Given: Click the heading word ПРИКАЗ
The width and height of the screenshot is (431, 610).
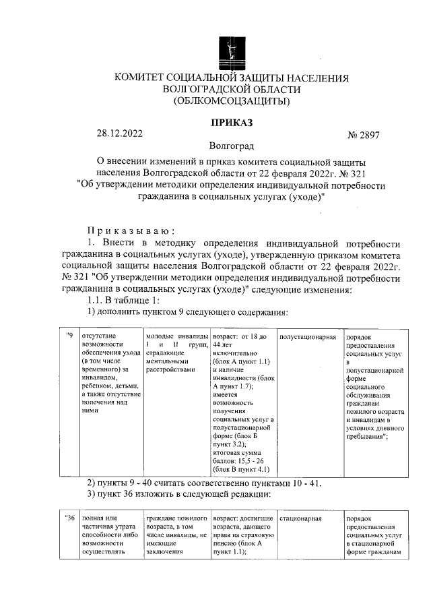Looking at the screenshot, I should point(231,123).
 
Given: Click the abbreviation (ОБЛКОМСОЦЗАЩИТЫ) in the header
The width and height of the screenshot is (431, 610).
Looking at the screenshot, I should point(231,102).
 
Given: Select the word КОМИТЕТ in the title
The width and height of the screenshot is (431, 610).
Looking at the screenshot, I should point(144,78).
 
